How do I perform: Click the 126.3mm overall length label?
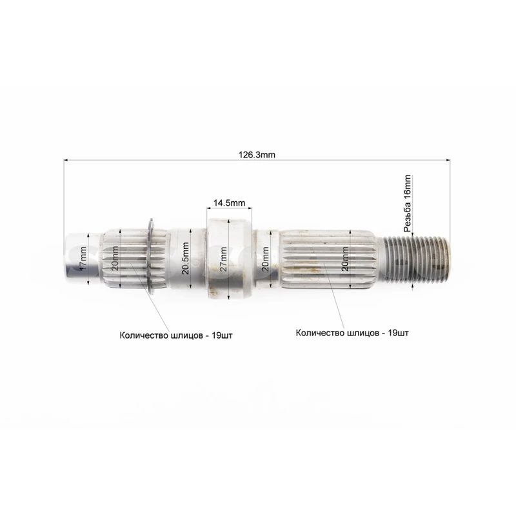pyautogui.click(x=257, y=155)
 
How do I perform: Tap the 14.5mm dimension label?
pyautogui.click(x=229, y=203)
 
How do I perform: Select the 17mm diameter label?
pyautogui.click(x=83, y=259)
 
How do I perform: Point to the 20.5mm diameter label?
pyautogui.click(x=185, y=259)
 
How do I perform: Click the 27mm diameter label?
pyautogui.click(x=223, y=259)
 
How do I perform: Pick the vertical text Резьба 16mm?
pyautogui.click(x=408, y=203)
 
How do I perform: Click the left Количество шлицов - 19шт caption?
pyautogui.click(x=175, y=335)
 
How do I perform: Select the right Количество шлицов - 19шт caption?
pyautogui.click(x=352, y=333)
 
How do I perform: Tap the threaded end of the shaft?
pyautogui.click(x=415, y=259)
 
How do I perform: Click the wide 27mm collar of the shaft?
pyautogui.click(x=229, y=259)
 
